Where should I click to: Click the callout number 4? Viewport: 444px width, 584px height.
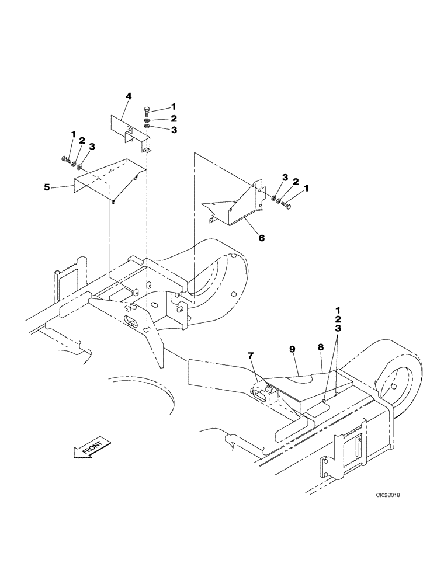click(x=128, y=96)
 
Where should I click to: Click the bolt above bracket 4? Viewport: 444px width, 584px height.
click(x=147, y=110)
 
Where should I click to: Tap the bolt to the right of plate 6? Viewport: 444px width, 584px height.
click(x=287, y=205)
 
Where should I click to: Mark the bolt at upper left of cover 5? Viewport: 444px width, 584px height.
click(x=64, y=158)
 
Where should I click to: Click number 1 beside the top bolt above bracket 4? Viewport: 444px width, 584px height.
click(x=174, y=106)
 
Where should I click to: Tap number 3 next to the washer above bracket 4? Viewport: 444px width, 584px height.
click(x=174, y=130)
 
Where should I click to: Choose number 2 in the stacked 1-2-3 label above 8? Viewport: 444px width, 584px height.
click(x=338, y=319)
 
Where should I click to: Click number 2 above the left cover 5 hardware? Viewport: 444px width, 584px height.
click(x=82, y=141)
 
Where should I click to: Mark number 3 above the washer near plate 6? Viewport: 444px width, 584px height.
click(x=285, y=176)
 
